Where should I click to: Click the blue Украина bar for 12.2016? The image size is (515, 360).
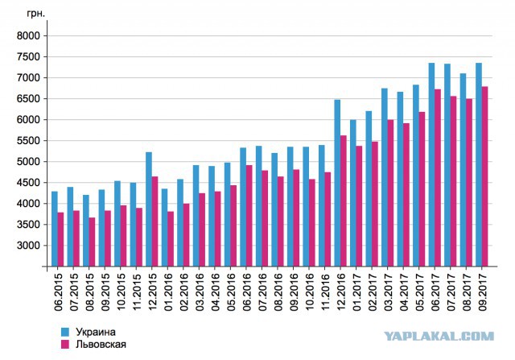click(337, 183)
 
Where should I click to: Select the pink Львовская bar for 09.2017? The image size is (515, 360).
click(484, 176)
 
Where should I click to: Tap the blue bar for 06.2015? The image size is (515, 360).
click(55, 229)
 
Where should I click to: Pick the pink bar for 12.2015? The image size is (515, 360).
click(154, 221)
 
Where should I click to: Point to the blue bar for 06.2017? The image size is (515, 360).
click(431, 165)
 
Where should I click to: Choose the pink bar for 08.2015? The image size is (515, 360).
click(92, 242)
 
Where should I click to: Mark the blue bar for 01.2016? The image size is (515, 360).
click(164, 227)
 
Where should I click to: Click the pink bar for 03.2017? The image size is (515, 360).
click(390, 193)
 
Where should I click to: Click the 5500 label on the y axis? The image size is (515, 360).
click(28, 141)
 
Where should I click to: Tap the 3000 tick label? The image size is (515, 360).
click(28, 246)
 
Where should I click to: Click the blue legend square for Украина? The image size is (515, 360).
click(65, 332)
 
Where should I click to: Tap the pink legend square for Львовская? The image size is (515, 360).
click(65, 344)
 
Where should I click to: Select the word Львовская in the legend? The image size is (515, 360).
click(101, 344)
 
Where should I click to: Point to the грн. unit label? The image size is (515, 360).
click(35, 14)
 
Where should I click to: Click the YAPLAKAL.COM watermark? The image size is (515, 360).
click(439, 336)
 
